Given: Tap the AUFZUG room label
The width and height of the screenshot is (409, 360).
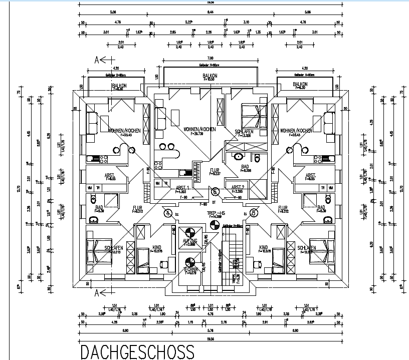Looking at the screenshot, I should coord(190,241).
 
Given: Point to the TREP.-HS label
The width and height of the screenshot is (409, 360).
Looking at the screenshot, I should coord(214,212).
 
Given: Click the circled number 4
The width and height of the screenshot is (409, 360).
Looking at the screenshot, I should coord(167,213).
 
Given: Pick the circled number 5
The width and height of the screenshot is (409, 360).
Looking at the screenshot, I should coord(254,213).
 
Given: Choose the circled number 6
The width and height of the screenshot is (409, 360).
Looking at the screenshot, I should coord(216,191).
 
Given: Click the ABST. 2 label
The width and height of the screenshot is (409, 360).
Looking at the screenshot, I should coord(238,187).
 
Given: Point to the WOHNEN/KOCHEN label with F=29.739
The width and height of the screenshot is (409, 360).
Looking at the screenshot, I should coord(199,129).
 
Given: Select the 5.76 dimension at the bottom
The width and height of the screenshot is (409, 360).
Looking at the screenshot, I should coord(211,330).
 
